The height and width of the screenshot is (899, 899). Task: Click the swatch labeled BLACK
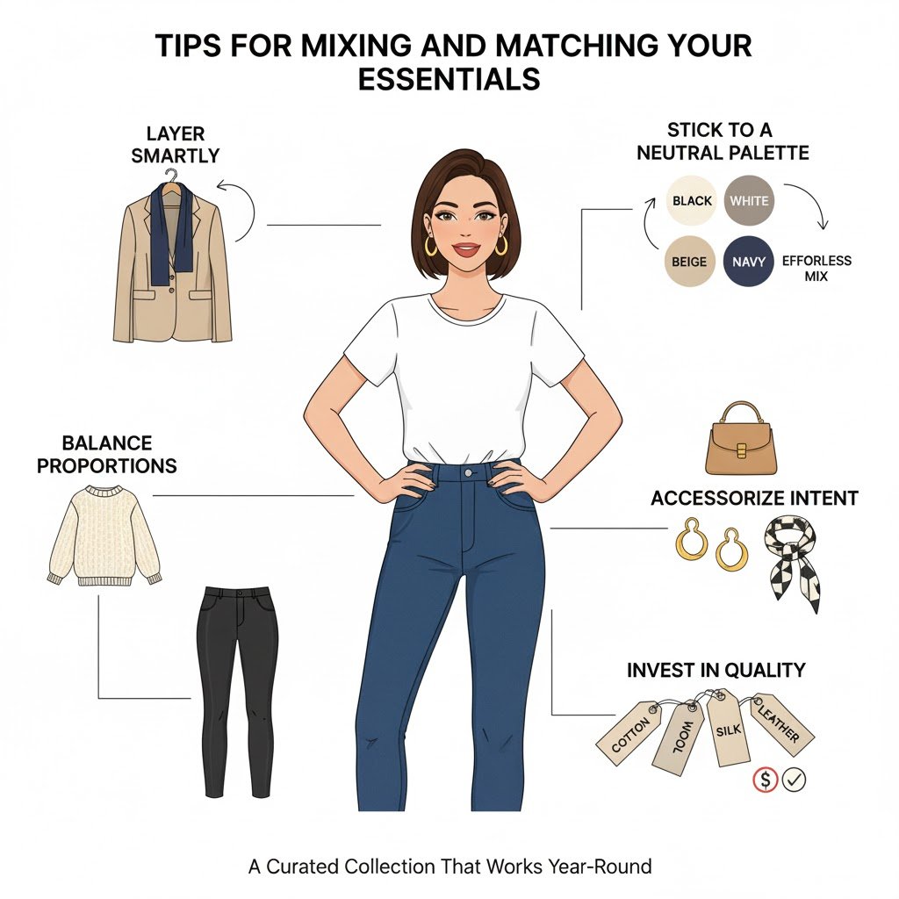tap(692, 201)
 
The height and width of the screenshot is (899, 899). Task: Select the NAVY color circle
tap(748, 262)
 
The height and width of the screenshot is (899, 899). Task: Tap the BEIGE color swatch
tap(689, 262)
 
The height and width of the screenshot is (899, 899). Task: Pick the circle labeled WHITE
tap(749, 201)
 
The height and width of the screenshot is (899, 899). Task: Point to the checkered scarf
tap(793, 562)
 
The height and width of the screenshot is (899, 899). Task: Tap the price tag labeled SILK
tap(727, 727)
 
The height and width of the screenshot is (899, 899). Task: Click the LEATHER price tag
tap(780, 723)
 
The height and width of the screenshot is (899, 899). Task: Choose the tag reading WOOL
tap(683, 738)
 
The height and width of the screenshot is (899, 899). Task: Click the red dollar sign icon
tap(765, 780)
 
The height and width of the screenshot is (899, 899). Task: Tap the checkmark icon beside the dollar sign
tap(794, 780)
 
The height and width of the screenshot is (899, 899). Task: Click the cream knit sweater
tap(104, 536)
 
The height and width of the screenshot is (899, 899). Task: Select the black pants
tap(237, 691)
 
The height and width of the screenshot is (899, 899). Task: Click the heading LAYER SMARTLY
tap(176, 145)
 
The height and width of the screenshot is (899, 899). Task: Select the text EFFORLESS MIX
tap(816, 269)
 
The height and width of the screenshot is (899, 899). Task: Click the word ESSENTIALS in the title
tap(449, 78)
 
